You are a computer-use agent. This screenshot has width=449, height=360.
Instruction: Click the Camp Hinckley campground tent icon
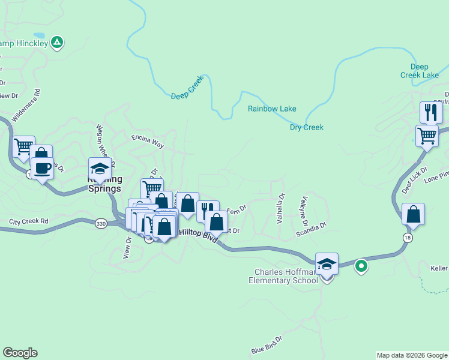click(x=57, y=43)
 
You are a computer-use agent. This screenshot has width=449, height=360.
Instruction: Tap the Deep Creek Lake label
click(x=420, y=71)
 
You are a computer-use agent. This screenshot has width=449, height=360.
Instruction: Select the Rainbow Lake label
click(x=272, y=109)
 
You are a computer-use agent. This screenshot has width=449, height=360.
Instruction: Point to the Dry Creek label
click(x=307, y=127)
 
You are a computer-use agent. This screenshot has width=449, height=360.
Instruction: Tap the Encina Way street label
click(x=148, y=141)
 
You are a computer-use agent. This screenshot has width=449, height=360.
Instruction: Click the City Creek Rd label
click(x=28, y=221)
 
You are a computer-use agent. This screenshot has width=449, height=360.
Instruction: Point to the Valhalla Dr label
click(x=281, y=208)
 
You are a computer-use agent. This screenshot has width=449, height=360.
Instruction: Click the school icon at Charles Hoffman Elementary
click(x=327, y=263)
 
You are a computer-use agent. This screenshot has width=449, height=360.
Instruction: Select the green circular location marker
click(x=361, y=265)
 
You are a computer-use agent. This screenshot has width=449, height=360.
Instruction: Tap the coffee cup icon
click(x=42, y=167)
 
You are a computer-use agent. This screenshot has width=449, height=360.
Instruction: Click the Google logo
click(x=20, y=353)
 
